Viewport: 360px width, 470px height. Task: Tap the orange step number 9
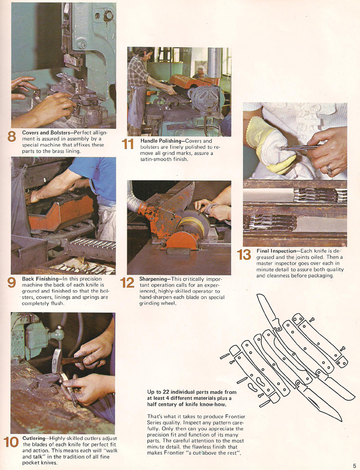(12, 282)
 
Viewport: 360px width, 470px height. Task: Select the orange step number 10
(11, 443)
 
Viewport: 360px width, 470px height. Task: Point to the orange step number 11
(128, 144)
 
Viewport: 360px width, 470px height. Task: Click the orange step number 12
(127, 282)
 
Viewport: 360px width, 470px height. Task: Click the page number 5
(355, 466)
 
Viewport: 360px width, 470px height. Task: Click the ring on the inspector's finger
(329, 170)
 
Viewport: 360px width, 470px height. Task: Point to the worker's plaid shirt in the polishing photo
(137, 72)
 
